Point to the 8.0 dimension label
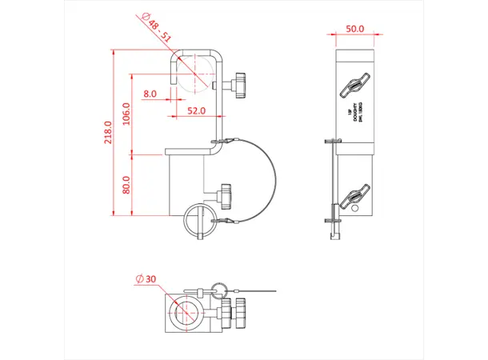[x=150, y=94]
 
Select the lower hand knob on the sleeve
[x=226, y=193]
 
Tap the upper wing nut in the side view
[x=354, y=89]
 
